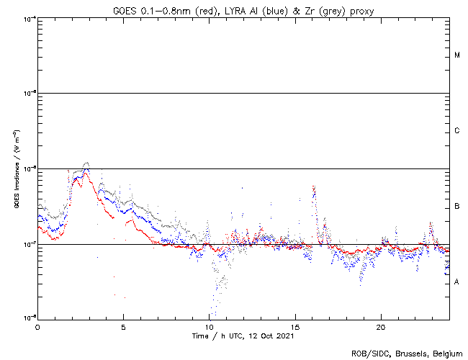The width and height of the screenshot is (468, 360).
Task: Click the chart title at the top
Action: pyautogui.click(x=242, y=9)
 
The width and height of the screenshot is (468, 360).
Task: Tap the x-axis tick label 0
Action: pyautogui.click(x=37, y=326)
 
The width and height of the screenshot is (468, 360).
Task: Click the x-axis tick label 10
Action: pyautogui.click(x=209, y=326)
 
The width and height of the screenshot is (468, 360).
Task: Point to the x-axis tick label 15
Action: pyautogui.click(x=295, y=326)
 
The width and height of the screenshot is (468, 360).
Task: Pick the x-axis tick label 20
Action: pyautogui.click(x=381, y=326)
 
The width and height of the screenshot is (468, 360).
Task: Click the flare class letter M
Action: pyautogui.click(x=457, y=55)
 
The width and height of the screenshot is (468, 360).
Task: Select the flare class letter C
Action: pyautogui.click(x=457, y=131)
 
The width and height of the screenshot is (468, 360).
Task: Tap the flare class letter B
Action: pyautogui.click(x=457, y=207)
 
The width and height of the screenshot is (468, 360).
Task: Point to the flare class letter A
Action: pyautogui.click(x=457, y=282)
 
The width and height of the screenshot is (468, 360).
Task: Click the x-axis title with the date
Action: pyautogui.click(x=243, y=336)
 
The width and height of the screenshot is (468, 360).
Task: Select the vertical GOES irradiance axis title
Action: pyautogui.click(x=16, y=169)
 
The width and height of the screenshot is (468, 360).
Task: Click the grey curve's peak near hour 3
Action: pyautogui.click(x=86, y=163)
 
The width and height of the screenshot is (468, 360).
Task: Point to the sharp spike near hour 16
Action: pyautogui.click(x=313, y=186)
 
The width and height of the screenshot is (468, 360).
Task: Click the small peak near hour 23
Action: pyautogui.click(x=431, y=224)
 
